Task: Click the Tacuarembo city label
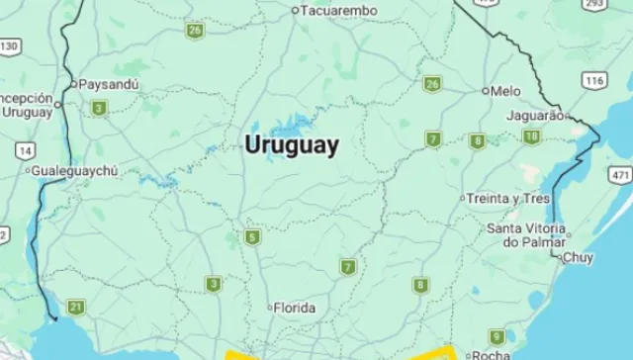[339, 10]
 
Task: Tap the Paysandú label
[109, 84]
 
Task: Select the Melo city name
[505, 91]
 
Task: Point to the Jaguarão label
[534, 116]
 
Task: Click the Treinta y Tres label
[508, 198]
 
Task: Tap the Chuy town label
[578, 258]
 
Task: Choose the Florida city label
[295, 308]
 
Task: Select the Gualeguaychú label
[75, 170]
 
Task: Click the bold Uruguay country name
[292, 144]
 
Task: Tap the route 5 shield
[253, 237]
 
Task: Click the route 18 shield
[532, 136]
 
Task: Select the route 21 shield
[76, 307]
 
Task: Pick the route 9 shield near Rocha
[497, 336]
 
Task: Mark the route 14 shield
[25, 149]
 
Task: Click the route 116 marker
[593, 80]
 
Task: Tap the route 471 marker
[620, 175]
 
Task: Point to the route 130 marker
[9, 46]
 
